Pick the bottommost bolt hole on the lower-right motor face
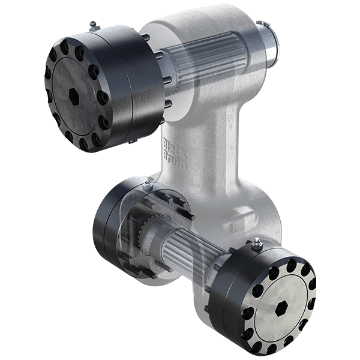click(x=281, y=347)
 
